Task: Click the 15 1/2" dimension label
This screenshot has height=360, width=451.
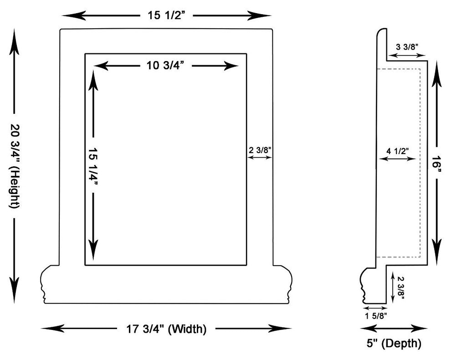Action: click(166, 15)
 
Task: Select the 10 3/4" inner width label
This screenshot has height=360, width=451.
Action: click(165, 66)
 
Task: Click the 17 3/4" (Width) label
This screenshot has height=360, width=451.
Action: click(166, 328)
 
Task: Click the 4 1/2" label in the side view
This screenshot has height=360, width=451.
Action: click(398, 150)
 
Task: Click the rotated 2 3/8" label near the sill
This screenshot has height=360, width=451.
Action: click(400, 287)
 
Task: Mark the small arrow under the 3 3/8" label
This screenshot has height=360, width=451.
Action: click(407, 55)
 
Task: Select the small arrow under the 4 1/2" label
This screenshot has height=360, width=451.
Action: click(398, 159)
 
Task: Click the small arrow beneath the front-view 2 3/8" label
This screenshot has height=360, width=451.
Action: click(260, 158)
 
